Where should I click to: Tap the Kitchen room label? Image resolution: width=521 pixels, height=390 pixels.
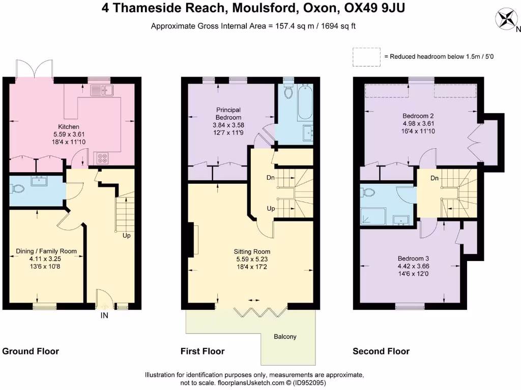click(x=68, y=127)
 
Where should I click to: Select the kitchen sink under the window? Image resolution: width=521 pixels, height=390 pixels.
click(x=101, y=91)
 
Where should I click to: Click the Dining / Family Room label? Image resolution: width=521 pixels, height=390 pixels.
click(x=46, y=251)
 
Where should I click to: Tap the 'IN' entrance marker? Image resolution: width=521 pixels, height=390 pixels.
click(x=104, y=315)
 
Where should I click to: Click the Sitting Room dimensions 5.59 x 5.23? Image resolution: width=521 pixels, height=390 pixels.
click(x=252, y=259)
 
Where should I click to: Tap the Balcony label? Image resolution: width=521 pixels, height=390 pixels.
click(x=285, y=337)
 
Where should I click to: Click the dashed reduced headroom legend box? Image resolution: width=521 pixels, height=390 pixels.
click(x=366, y=57)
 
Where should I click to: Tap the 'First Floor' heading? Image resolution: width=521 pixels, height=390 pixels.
click(x=202, y=351)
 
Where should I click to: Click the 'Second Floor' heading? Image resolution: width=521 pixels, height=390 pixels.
click(x=381, y=351)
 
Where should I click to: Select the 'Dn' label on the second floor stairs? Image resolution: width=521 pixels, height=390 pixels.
click(x=435, y=178)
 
